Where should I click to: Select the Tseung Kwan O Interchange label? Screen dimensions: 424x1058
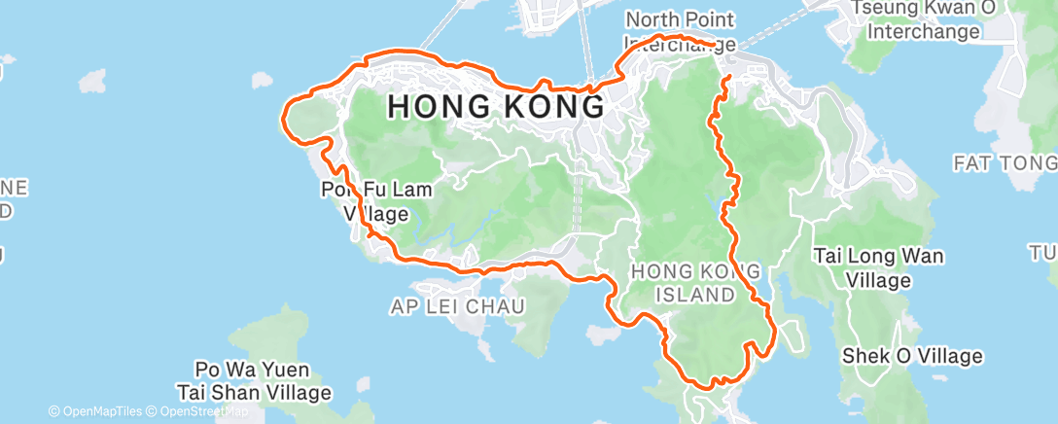[x=923, y=19]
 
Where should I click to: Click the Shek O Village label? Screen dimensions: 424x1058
[x=912, y=356]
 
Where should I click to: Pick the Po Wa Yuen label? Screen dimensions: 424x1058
[x=252, y=371]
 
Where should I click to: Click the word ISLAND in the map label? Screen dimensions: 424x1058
[x=681, y=293]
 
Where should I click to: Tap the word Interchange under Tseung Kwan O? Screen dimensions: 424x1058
[x=923, y=31]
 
